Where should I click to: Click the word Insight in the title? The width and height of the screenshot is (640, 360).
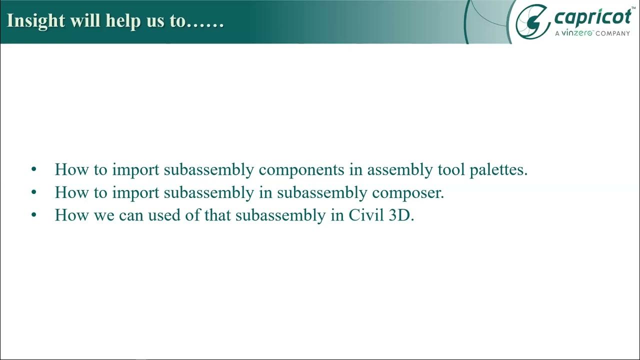[x=35, y=21]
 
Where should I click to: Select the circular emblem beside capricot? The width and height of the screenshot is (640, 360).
[x=532, y=21]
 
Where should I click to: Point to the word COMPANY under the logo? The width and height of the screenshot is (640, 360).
[x=612, y=33]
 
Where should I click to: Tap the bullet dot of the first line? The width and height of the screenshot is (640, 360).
[x=34, y=169]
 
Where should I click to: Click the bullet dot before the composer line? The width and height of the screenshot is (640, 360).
[x=34, y=192]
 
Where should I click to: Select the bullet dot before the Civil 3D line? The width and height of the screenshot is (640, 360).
[x=34, y=215]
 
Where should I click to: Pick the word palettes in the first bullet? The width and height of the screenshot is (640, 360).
[x=498, y=169]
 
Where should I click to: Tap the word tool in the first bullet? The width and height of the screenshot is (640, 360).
[x=450, y=169]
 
